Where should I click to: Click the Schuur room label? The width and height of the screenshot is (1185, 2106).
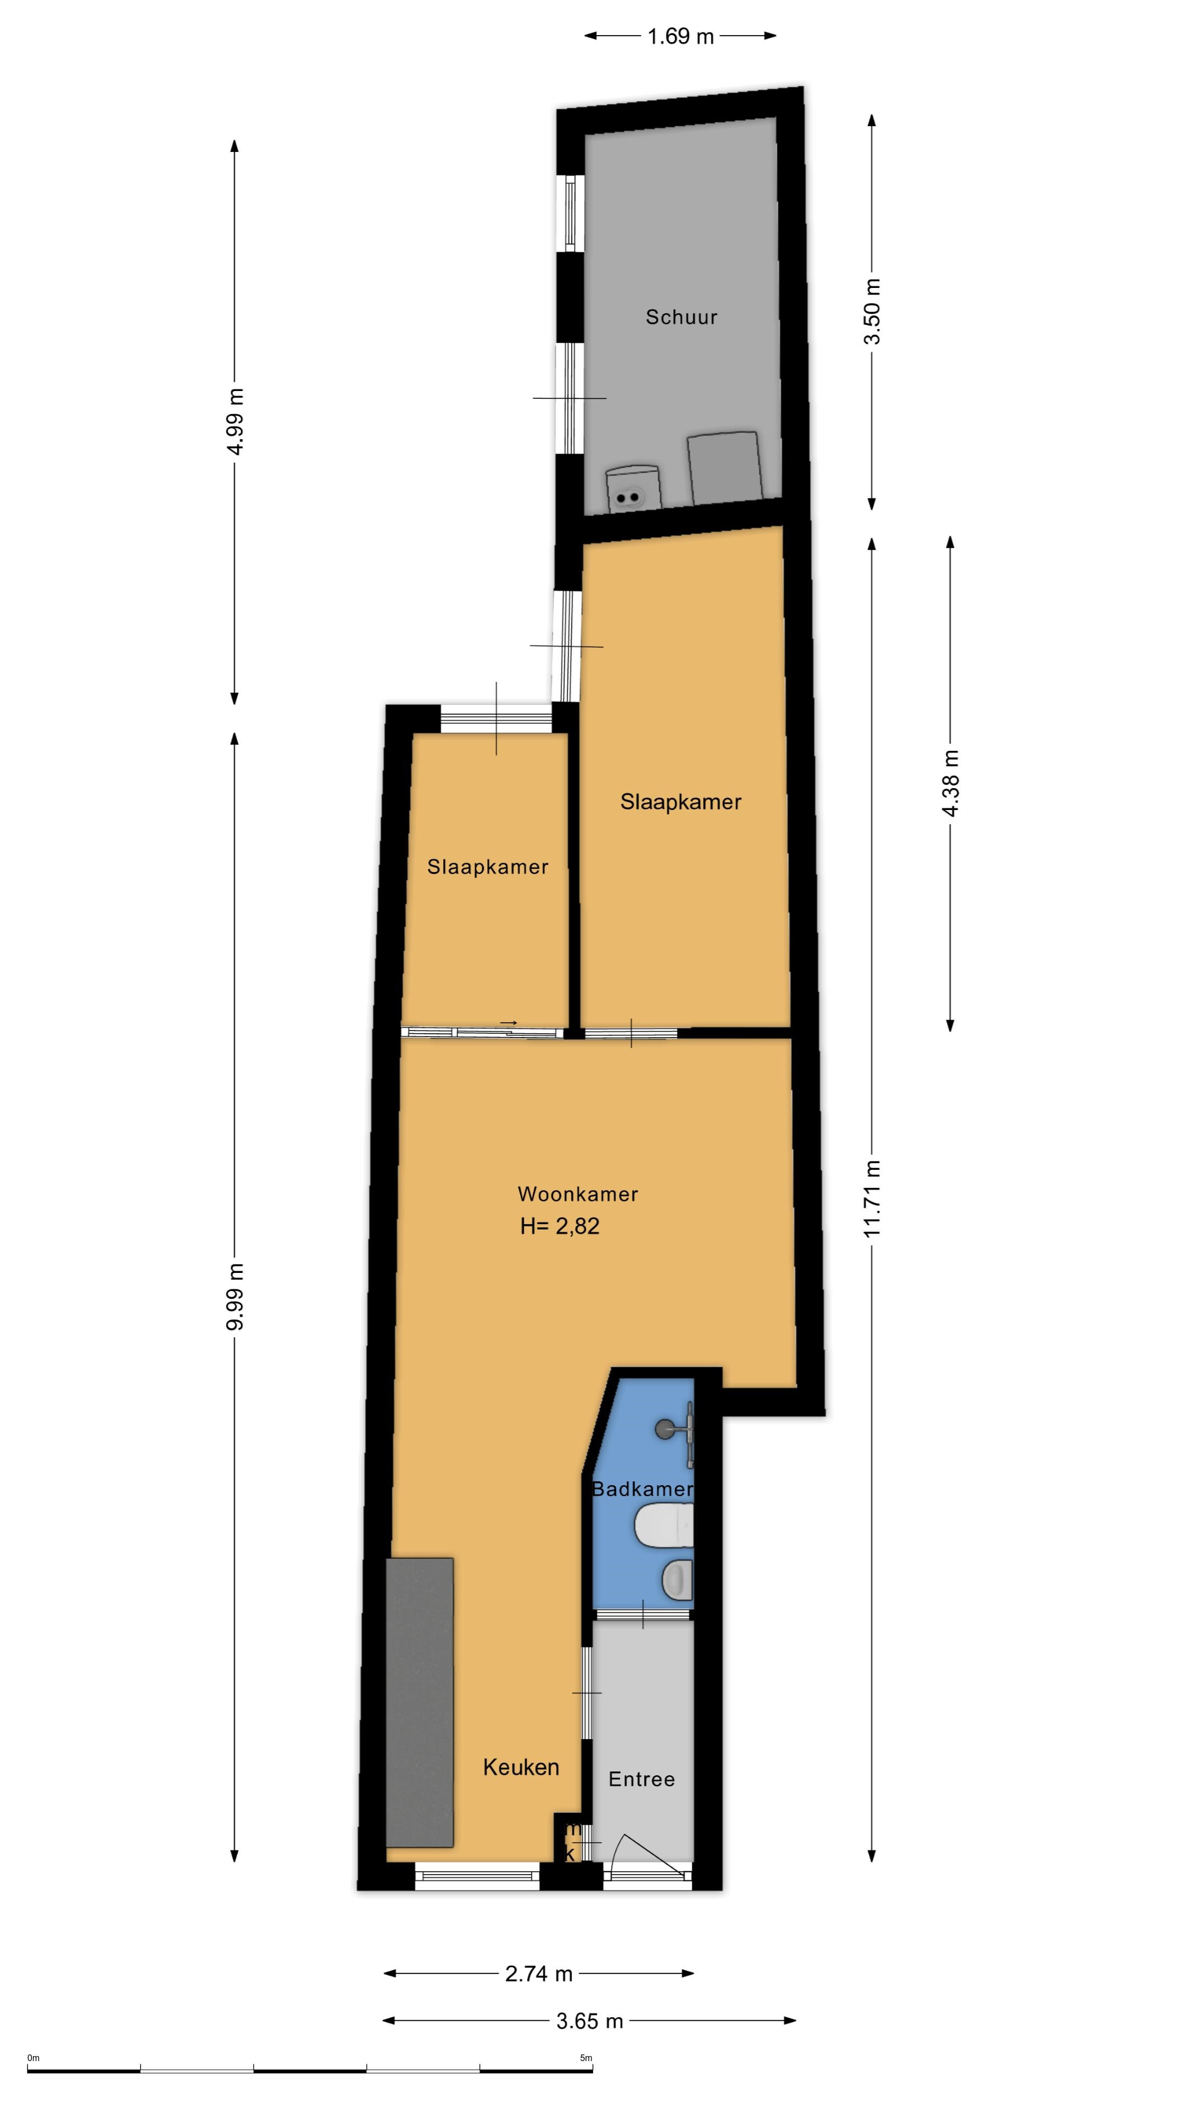[681, 317]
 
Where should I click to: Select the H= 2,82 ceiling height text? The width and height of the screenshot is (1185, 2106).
[560, 1226]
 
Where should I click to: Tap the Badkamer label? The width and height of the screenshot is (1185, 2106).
[642, 1489]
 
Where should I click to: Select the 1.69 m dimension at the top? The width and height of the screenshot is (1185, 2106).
[680, 37]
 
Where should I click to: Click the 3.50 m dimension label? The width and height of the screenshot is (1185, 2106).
[873, 312]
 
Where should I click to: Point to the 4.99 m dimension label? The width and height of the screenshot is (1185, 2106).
[235, 421]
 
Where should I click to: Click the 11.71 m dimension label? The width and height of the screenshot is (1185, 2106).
[873, 1198]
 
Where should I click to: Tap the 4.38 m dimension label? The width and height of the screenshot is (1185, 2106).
[950, 783]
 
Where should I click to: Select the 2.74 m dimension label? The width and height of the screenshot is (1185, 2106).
[539, 1974]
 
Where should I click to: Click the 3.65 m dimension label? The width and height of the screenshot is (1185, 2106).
[590, 2021]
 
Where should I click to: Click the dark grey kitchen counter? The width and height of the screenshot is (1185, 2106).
[420, 1702]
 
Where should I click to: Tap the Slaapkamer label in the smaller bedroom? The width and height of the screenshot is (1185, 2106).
[487, 867]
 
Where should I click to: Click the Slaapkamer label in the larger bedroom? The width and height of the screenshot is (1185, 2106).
[680, 802]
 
